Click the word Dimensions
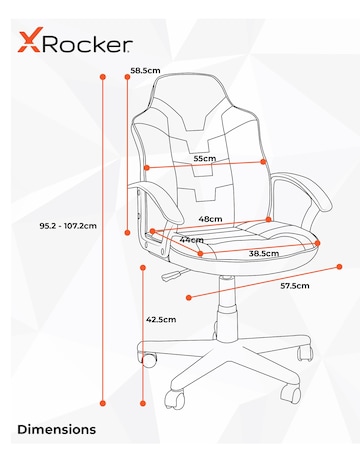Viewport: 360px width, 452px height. point(57,429)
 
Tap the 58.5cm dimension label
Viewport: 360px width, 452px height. point(145,71)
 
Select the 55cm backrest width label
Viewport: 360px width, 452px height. point(205,159)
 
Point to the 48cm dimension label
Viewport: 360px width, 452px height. point(210,218)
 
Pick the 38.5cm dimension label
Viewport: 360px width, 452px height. point(264,254)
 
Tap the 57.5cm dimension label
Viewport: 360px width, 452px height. point(294,286)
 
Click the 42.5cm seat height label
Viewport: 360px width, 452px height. point(161,320)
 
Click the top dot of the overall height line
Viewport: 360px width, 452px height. point(103,75)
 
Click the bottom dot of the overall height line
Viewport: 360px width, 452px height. point(103,403)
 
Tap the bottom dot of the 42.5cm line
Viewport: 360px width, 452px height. point(143,403)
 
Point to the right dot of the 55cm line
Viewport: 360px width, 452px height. point(263,161)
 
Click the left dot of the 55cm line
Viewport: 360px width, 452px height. point(146,167)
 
